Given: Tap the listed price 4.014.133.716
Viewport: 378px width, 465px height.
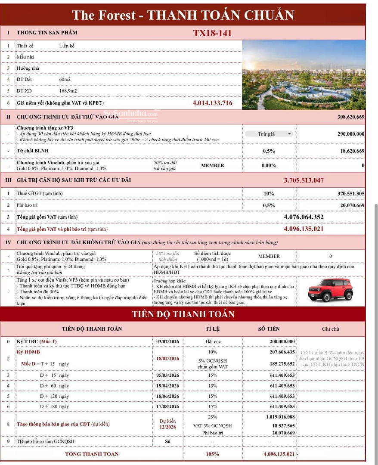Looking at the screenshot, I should point(212,103).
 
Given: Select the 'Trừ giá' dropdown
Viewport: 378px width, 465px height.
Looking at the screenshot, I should point(269,134).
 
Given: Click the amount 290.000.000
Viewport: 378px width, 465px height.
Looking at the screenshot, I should point(351,134).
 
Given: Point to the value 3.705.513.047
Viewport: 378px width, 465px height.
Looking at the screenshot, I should point(304,180).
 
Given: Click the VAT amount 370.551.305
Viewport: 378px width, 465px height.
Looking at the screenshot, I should point(351,194).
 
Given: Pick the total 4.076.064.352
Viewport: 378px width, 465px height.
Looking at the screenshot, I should point(304,217).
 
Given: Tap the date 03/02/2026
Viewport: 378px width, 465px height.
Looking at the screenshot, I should point(168,341).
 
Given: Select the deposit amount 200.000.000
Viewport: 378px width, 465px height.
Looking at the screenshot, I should point(276,341).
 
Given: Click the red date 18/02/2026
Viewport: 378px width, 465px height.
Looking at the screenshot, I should point(168,358).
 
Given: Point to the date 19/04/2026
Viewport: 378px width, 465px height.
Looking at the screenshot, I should point(168,386).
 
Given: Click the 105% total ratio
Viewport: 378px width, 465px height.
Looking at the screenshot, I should point(212,454).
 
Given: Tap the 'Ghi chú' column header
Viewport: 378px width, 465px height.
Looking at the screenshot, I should point(330,329).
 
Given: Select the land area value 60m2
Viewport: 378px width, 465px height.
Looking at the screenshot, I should point(65,80).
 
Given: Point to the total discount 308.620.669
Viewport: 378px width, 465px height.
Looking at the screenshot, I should point(351,117).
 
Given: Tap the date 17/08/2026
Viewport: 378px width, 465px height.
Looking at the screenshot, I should point(168,406).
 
